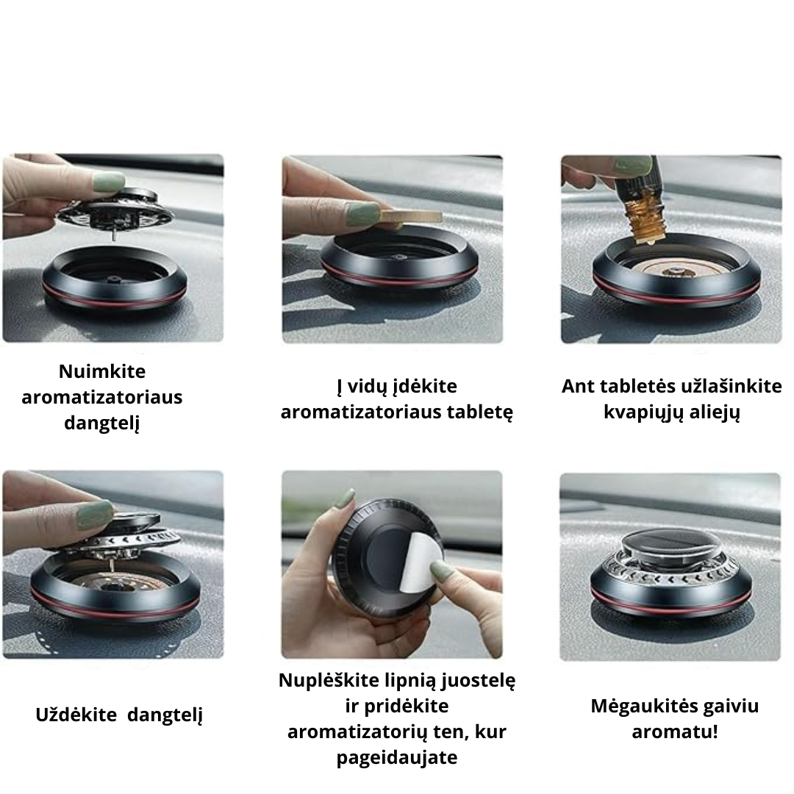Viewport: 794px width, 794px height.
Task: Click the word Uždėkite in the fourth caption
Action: coord(78,715)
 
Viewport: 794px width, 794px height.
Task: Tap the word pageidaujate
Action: coord(397,758)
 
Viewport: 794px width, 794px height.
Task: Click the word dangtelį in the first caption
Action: coord(101,423)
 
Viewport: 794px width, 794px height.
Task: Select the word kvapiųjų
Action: coord(637,412)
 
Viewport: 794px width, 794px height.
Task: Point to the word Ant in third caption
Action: coord(576,386)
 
